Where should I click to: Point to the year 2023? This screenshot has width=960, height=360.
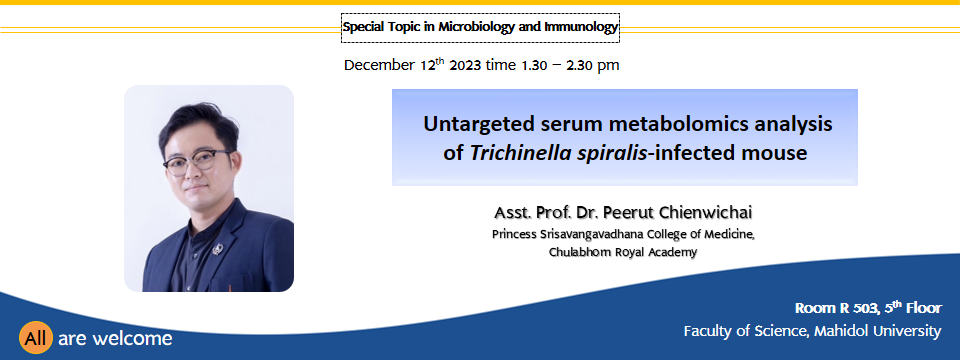click(465, 65)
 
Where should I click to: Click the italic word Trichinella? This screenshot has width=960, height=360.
click(520, 153)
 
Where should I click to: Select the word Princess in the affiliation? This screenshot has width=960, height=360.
click(513, 234)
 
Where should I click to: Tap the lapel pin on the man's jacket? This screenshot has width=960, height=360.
click(216, 250)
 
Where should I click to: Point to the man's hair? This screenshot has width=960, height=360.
click(197, 121)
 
